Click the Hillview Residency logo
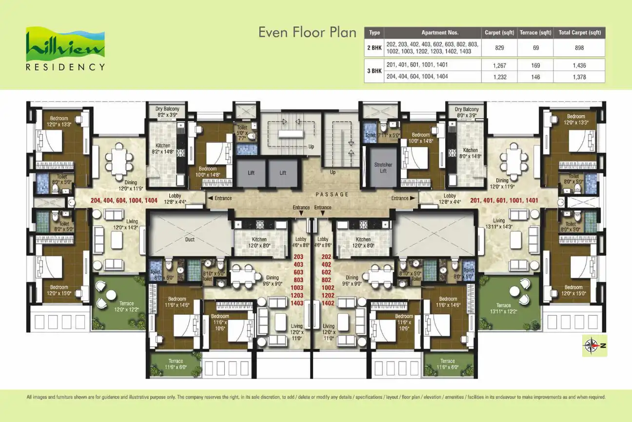(x=65, y=49)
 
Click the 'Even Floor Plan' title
(x=308, y=33)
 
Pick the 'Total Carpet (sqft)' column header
(x=579, y=33)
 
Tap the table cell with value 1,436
(x=579, y=65)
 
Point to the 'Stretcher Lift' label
(x=383, y=168)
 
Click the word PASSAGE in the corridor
(x=333, y=194)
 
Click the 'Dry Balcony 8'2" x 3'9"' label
(x=167, y=112)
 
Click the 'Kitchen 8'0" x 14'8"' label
(x=470, y=153)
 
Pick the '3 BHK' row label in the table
(x=374, y=71)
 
